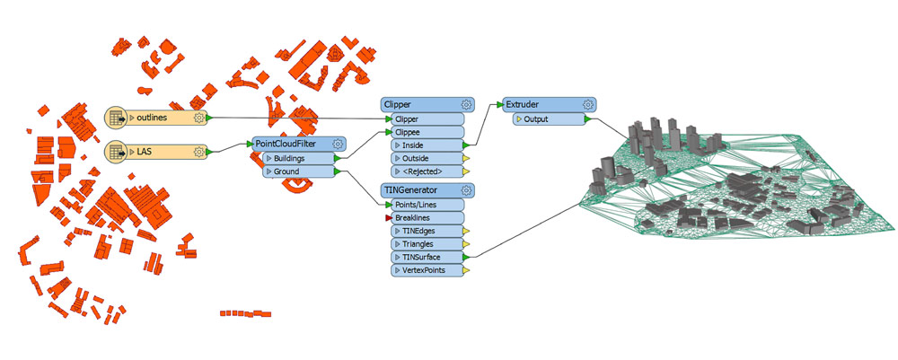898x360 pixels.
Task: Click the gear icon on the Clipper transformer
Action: (466, 105)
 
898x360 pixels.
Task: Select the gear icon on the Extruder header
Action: (587, 105)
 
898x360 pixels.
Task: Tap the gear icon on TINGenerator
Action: (466, 190)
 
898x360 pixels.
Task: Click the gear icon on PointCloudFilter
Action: (338, 144)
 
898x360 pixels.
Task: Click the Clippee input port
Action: (427, 132)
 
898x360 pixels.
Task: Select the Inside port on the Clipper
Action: (427, 145)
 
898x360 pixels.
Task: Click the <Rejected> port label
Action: (423, 171)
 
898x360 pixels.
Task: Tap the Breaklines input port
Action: (427, 218)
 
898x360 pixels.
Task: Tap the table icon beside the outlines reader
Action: (116, 118)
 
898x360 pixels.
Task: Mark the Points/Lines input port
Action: (427, 205)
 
